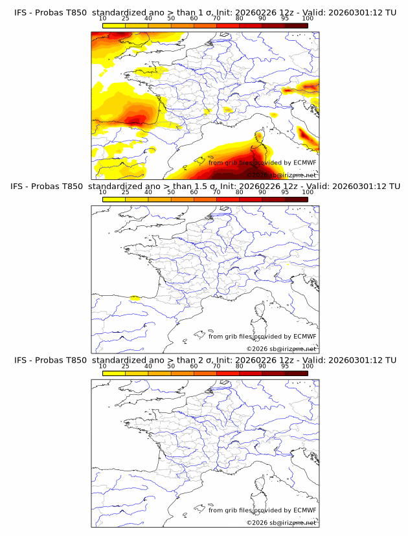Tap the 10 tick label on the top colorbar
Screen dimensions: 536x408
point(102,18)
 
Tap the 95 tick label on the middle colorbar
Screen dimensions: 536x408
point(285,192)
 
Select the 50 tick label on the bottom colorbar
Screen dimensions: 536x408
point(171,366)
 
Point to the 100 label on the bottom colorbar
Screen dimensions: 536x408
point(308,366)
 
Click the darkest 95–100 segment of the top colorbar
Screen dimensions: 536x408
point(296,25)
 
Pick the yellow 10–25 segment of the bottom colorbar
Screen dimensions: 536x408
point(113,374)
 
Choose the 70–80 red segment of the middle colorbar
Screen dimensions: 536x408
point(227,199)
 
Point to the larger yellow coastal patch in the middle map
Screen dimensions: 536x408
point(135,298)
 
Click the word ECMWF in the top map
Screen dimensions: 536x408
point(304,163)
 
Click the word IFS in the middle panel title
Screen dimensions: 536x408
point(21,186)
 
